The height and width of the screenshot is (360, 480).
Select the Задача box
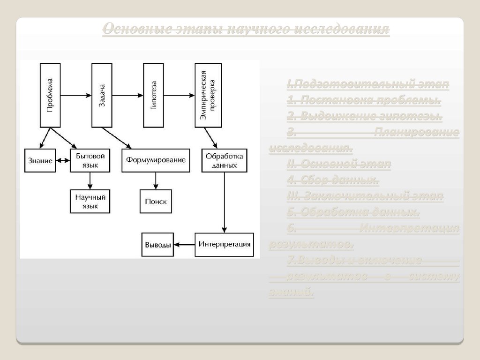(102, 96)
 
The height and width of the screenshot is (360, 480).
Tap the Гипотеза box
(154, 96)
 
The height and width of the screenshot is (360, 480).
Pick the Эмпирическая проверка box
(207, 96)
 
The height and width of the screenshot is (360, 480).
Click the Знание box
(40, 160)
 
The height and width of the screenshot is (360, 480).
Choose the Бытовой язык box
(90, 160)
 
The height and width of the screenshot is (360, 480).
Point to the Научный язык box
(90, 202)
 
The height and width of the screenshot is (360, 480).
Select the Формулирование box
(156, 160)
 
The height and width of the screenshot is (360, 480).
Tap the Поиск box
(156, 202)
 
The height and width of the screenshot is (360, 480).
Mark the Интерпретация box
(224, 245)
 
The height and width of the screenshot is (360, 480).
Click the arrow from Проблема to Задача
(75, 96)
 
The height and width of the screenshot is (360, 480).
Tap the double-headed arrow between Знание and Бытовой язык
(62, 160)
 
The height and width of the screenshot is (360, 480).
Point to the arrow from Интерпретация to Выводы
(184, 245)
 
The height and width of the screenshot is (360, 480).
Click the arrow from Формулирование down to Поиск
(156, 180)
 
